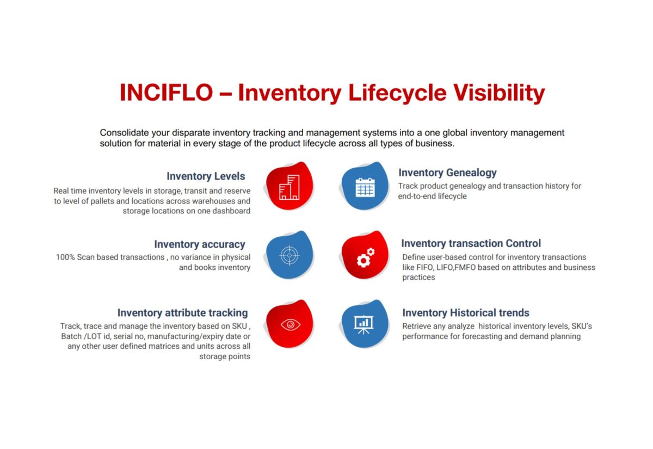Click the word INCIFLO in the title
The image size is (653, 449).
[x=166, y=93]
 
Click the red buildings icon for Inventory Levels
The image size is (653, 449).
[x=289, y=186]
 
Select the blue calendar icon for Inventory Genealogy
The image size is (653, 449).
[x=365, y=186]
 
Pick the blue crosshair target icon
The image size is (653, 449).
[x=289, y=255]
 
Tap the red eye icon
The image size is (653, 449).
[x=289, y=324]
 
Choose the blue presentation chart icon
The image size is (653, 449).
[x=365, y=324]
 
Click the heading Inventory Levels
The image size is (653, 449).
[x=206, y=176]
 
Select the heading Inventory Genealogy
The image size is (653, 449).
[x=447, y=173]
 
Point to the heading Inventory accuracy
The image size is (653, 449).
[x=199, y=244]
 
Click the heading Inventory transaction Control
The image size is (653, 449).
[x=471, y=243]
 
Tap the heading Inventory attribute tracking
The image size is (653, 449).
[x=182, y=313]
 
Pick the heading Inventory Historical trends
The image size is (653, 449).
[x=465, y=313]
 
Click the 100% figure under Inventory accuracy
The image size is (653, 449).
[x=65, y=257]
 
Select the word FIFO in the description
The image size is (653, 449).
[x=426, y=267]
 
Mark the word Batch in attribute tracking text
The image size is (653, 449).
[x=72, y=336]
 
